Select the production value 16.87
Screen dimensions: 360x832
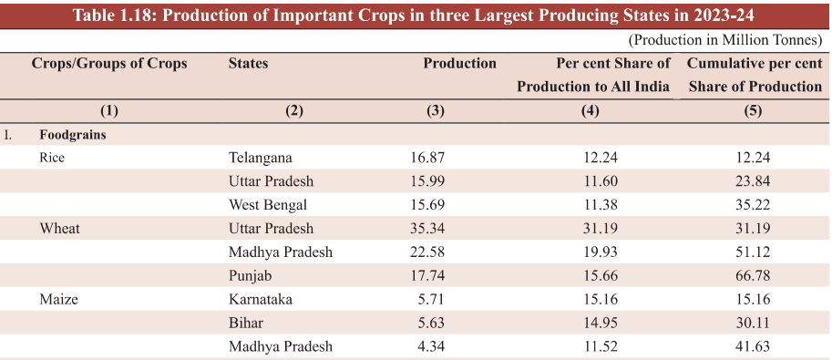[x=428, y=158]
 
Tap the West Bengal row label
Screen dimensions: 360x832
[x=267, y=205]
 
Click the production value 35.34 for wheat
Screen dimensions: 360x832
[x=428, y=229]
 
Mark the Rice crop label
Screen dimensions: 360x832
[x=53, y=158]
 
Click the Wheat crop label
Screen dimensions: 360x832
[x=59, y=229]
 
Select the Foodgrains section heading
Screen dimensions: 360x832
[x=72, y=134]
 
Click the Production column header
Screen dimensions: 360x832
[x=459, y=64]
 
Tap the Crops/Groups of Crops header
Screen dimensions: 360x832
[x=109, y=64]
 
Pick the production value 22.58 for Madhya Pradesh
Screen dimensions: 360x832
[x=428, y=252]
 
